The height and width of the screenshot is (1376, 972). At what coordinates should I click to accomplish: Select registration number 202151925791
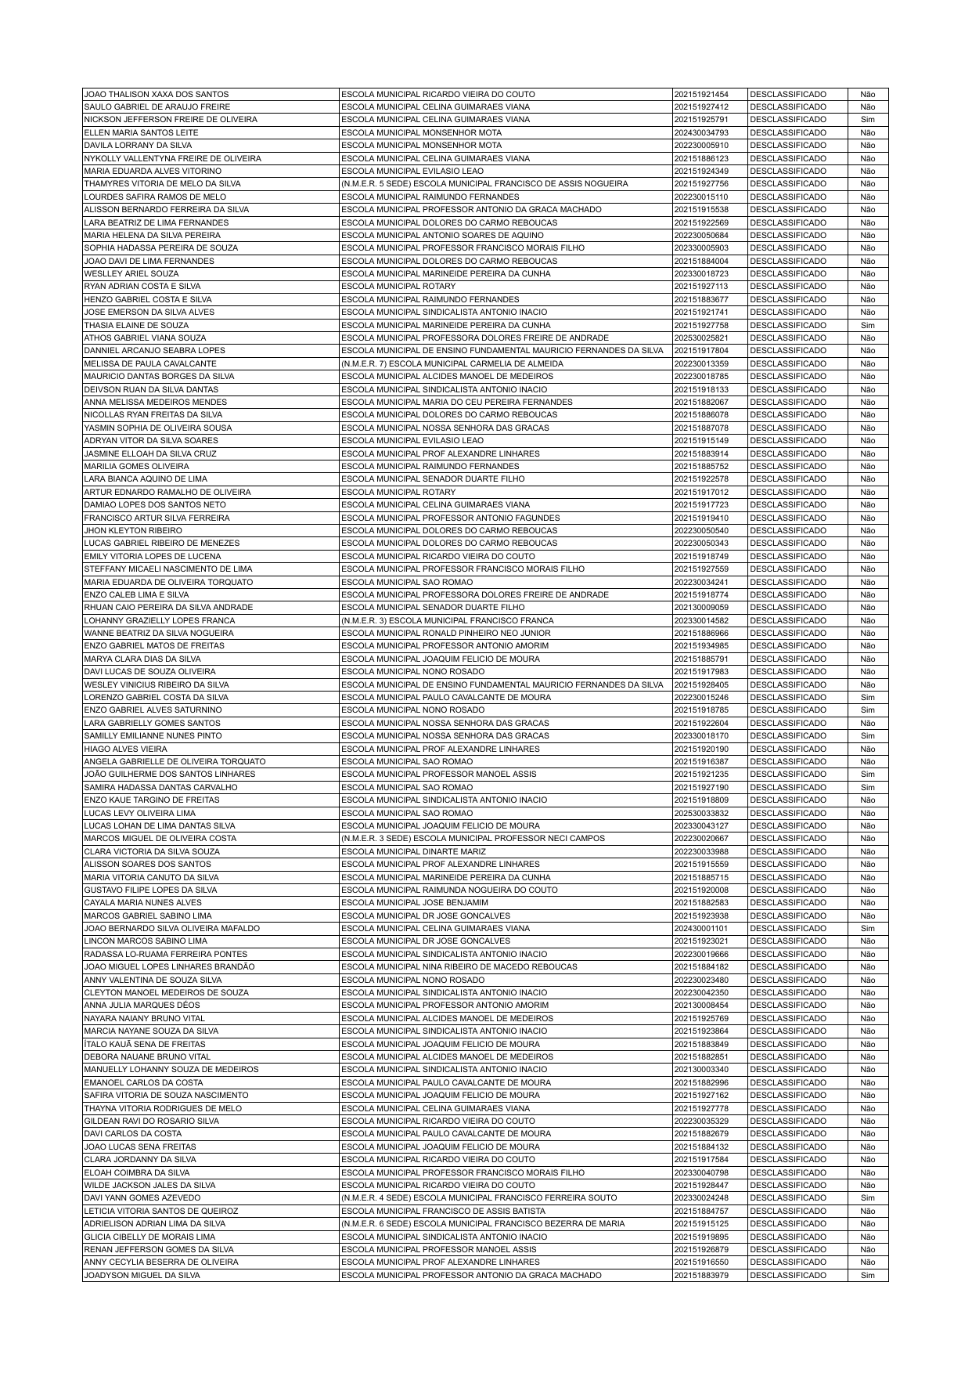tap(700, 120)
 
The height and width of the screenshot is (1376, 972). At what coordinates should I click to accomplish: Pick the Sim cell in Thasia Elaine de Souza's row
tap(867, 325)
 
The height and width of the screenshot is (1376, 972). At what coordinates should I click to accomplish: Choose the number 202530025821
tap(700, 338)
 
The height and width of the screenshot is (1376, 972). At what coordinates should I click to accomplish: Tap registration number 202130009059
tap(700, 608)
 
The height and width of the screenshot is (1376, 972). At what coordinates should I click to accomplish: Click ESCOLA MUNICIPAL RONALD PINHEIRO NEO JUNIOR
tap(446, 633)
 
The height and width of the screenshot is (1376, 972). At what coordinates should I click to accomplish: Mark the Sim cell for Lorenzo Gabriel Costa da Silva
tap(867, 697)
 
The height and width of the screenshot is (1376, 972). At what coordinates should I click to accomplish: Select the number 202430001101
tap(700, 928)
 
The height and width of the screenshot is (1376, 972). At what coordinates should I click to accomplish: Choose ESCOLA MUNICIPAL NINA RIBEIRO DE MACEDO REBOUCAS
tap(459, 967)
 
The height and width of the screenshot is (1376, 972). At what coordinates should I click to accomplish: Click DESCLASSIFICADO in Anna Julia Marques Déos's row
tap(787, 1006)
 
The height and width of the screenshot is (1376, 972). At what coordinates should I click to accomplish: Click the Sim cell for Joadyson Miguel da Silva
tap(867, 1275)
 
